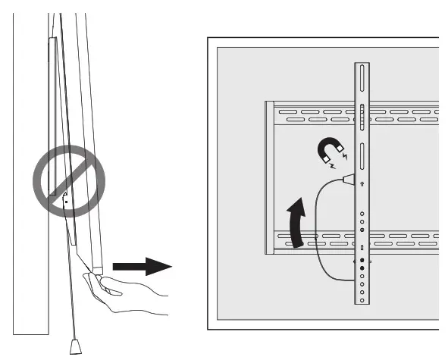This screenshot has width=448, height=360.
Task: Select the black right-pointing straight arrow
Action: [x=141, y=267]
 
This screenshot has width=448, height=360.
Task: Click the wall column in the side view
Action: [x=30, y=227]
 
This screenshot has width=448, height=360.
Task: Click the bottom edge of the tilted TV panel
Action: [x=96, y=270]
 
